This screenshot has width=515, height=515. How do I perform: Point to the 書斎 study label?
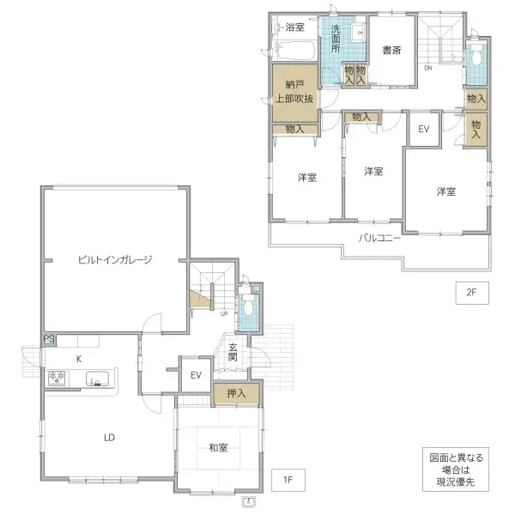391,51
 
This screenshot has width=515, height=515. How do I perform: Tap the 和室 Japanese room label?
218,447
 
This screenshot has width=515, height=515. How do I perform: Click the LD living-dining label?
110,437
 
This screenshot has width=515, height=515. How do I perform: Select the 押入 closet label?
236,394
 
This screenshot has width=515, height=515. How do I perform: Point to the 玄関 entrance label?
233,353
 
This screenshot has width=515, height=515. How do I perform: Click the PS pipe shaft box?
49,340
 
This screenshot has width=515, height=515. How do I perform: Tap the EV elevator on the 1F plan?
196,375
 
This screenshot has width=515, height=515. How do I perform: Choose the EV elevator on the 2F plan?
423,129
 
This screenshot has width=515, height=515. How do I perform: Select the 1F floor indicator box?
288,480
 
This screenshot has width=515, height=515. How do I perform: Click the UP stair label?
224,313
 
